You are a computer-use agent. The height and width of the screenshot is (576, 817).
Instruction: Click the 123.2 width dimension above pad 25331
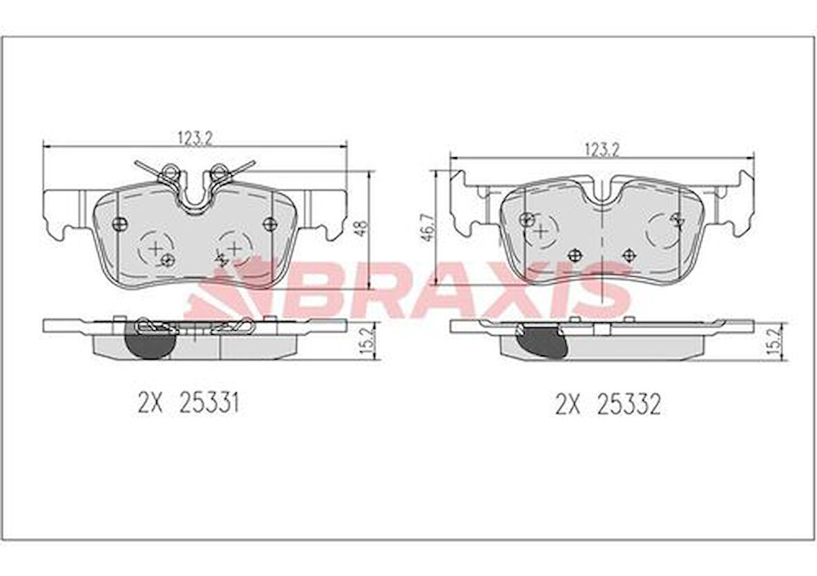195,137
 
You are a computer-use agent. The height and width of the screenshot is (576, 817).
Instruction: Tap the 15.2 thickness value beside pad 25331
366,341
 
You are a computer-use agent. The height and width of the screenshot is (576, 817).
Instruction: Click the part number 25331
208,404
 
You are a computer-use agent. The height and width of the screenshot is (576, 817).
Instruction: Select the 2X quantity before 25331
149,404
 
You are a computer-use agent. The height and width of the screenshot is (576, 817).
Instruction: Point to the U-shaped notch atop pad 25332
601,193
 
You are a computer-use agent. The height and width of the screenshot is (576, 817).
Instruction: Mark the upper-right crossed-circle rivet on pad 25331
270,224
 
